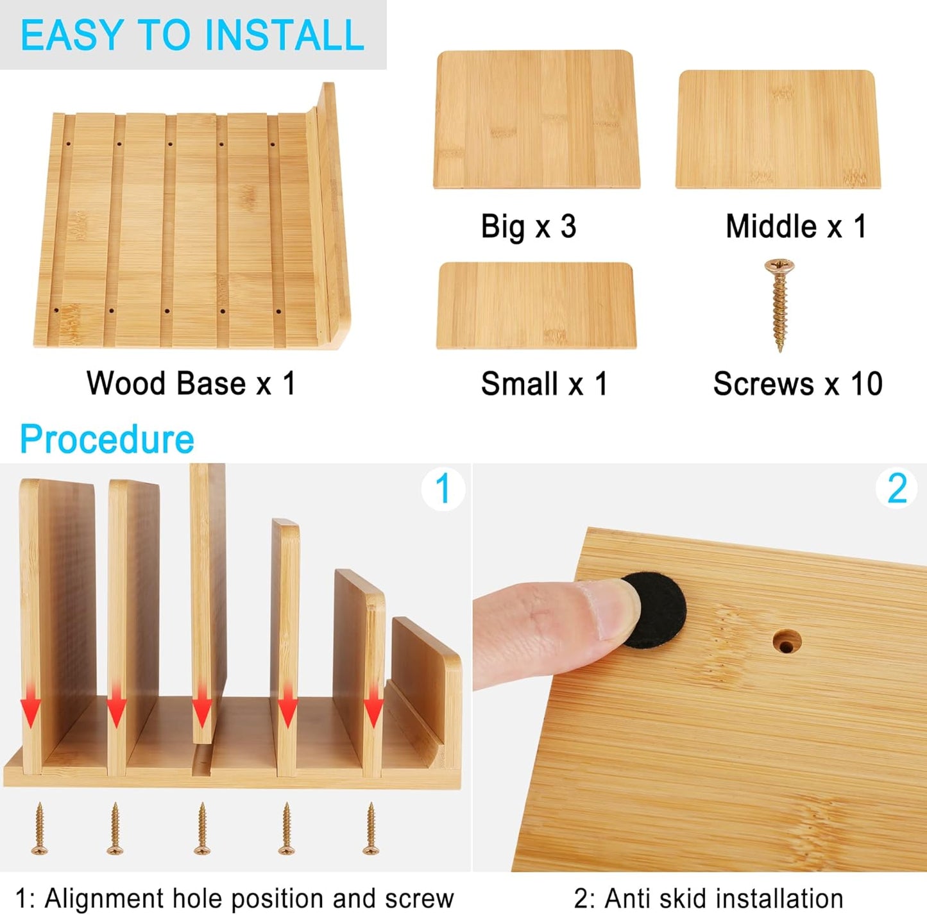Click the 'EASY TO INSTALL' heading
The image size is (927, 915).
[192, 35]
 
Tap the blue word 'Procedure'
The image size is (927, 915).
[107, 439]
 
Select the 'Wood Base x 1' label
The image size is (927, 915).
[191, 383]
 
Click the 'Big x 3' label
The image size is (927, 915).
[529, 227]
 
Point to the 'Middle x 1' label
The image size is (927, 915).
[796, 226]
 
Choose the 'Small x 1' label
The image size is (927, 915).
[544, 384]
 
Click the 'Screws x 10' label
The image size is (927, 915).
[797, 384]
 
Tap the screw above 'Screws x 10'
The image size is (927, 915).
[779, 304]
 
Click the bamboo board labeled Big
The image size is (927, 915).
[536, 120]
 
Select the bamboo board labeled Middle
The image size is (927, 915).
[778, 130]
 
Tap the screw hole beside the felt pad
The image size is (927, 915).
[786, 641]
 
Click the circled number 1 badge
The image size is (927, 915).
[443, 489]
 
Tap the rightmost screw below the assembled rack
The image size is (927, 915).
[370, 828]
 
